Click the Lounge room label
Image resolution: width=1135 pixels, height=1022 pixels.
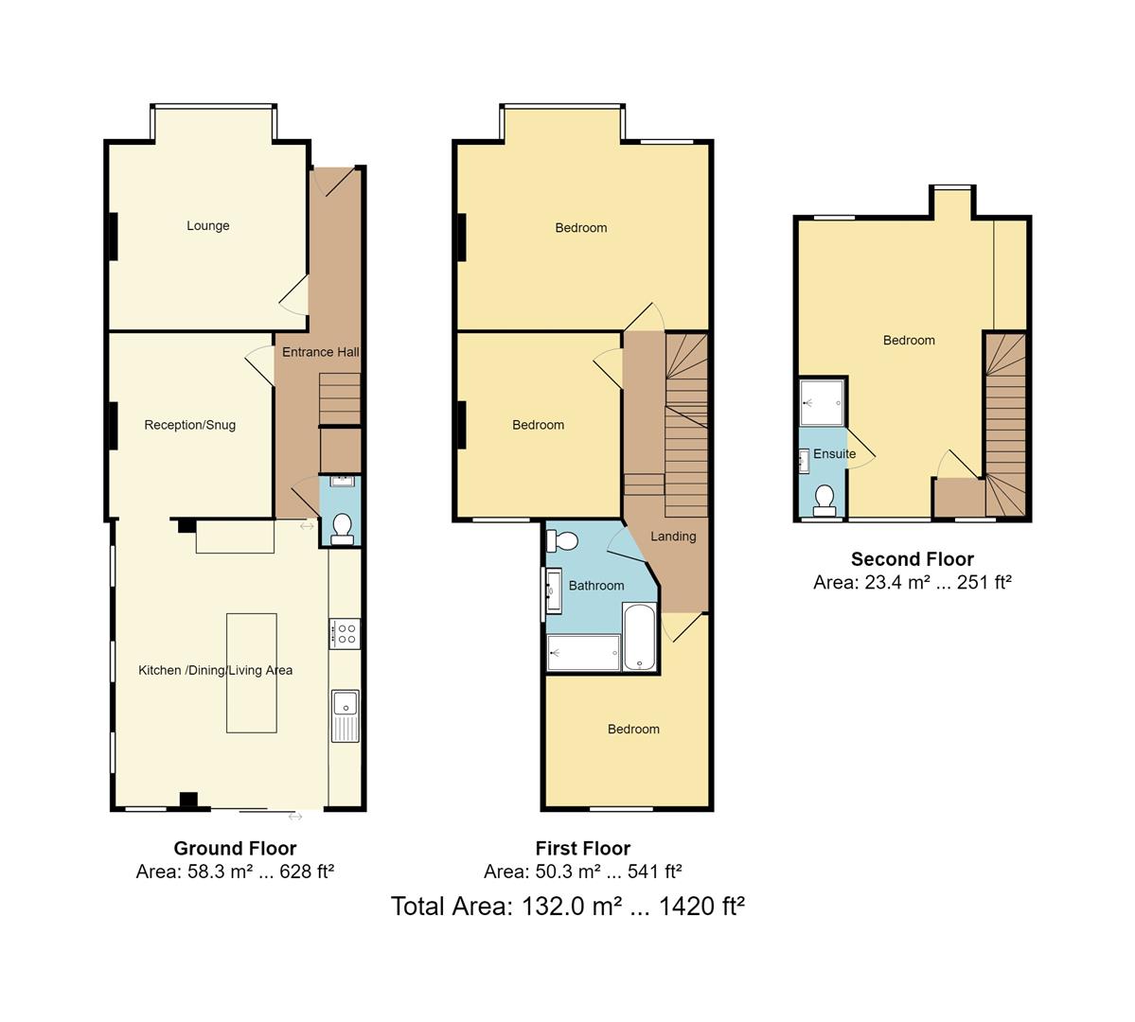[x=207, y=226]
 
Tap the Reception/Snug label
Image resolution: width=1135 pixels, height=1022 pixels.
[x=189, y=425]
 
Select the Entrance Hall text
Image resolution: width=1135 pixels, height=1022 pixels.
[x=320, y=352]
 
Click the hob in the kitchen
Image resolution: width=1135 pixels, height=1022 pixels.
[x=345, y=633]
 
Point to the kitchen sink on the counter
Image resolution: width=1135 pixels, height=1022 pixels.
[x=345, y=703]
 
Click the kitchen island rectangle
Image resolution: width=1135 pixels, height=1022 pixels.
[x=252, y=673]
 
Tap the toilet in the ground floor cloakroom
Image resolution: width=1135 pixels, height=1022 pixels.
[x=342, y=527]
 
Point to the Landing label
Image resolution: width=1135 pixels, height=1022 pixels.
[x=673, y=537]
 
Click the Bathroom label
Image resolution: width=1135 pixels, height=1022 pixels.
[x=596, y=586]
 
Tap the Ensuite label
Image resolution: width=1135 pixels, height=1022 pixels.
[x=834, y=454]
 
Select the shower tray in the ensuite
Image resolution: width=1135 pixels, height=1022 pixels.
[x=822, y=402]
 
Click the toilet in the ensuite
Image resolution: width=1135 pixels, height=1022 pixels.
[x=825, y=499]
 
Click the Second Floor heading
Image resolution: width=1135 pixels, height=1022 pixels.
[x=912, y=559]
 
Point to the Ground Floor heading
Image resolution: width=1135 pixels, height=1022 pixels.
[x=235, y=849]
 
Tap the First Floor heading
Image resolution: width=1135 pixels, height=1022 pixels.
[x=582, y=849]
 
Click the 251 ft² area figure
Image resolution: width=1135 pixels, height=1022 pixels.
[x=984, y=583]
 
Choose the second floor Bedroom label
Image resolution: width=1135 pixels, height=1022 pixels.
[x=909, y=341]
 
